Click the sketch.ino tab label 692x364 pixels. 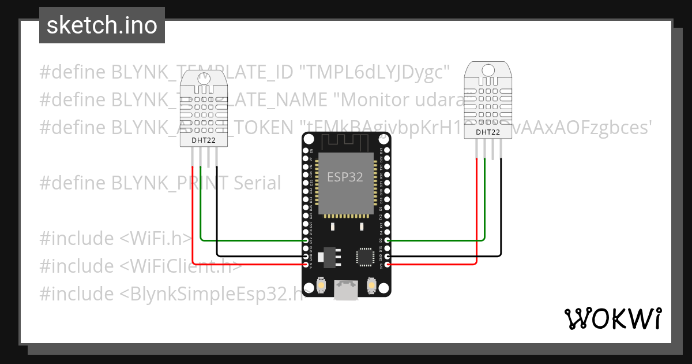click(101, 25)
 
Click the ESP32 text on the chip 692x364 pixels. click(345, 177)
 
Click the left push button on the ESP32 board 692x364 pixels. click(321, 285)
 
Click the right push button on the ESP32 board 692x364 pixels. click(371, 285)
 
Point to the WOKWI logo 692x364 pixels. click(612, 318)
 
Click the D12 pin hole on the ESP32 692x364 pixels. click(306, 240)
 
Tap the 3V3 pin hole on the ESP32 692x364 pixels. click(388, 265)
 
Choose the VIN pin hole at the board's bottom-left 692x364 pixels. click(306, 265)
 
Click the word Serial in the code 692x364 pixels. click(257, 183)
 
